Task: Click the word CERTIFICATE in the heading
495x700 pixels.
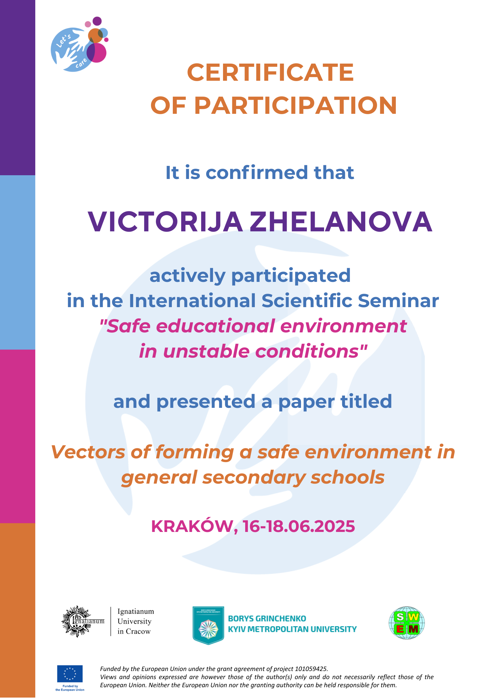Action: point(270,73)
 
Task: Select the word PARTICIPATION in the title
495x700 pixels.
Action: point(295,105)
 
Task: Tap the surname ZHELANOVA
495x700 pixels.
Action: point(341,222)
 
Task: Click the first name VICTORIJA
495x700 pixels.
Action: point(165,222)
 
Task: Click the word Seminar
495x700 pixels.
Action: point(398,301)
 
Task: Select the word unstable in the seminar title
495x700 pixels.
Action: point(206,351)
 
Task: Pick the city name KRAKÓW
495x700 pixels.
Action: point(192,526)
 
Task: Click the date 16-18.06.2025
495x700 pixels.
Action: point(299,526)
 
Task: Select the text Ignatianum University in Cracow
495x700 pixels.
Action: point(135,621)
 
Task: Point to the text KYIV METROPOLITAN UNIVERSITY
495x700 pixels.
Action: point(292,629)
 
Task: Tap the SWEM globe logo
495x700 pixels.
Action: point(406,623)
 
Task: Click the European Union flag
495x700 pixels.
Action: point(70,673)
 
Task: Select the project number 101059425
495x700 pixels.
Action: point(311,669)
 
